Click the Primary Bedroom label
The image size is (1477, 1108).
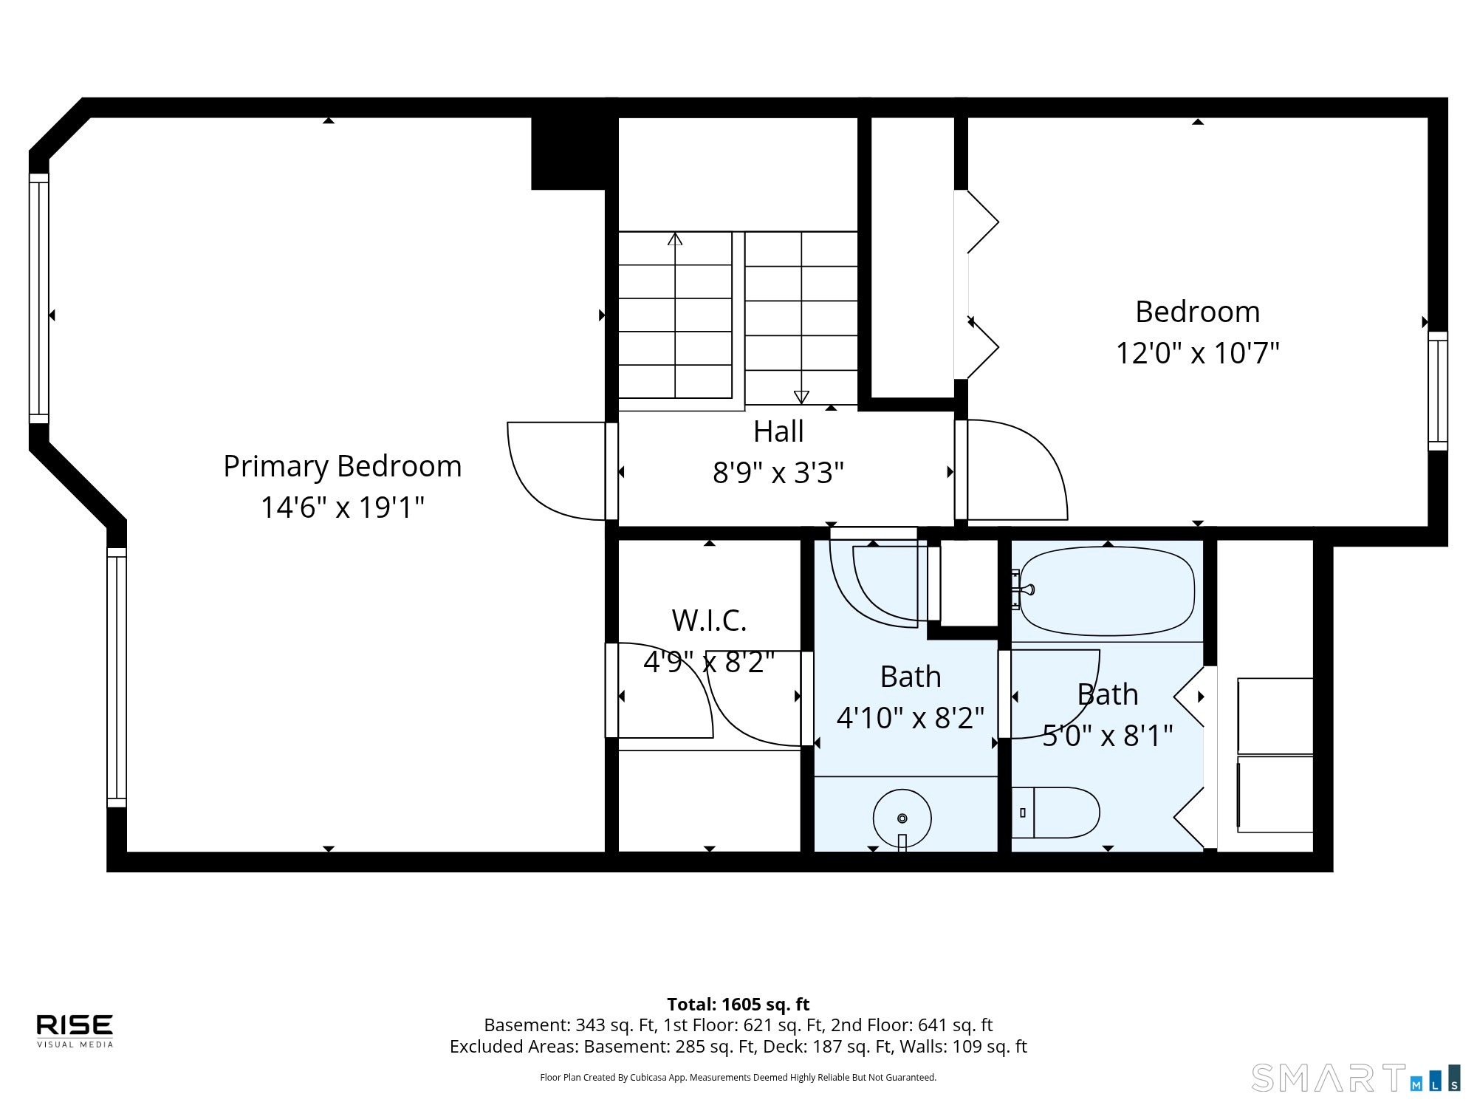343,466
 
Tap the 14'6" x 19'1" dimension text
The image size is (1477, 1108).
343,507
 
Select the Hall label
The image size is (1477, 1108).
778,431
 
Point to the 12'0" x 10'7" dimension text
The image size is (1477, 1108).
1197,353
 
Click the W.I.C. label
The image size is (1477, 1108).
709,620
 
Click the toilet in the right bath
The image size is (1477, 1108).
1055,813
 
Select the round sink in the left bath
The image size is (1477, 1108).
902,818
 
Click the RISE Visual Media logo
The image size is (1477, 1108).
75,1030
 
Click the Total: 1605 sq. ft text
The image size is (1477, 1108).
738,1005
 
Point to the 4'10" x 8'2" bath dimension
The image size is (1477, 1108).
911,718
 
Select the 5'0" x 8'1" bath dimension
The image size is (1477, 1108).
1108,736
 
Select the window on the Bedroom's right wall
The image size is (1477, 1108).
1438,391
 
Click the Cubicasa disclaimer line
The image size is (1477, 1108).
738,1078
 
